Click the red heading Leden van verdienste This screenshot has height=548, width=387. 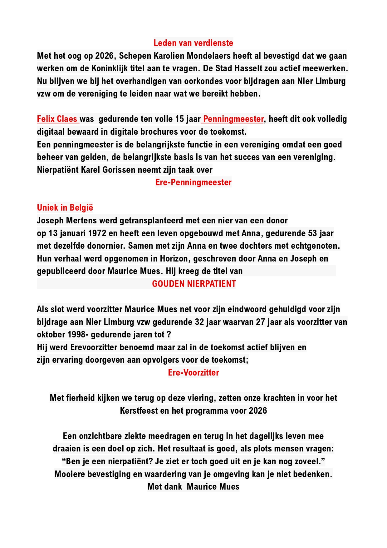coord(193,43)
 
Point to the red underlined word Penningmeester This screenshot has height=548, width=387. coord(233,119)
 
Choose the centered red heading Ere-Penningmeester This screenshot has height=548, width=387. coord(193,182)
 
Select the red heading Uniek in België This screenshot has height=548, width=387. coord(65,208)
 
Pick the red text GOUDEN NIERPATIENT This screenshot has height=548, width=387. coord(194,284)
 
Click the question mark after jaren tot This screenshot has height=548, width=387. coord(169,335)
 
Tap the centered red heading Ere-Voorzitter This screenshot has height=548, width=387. coord(193,372)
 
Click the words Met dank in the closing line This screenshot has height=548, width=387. coord(164,486)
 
